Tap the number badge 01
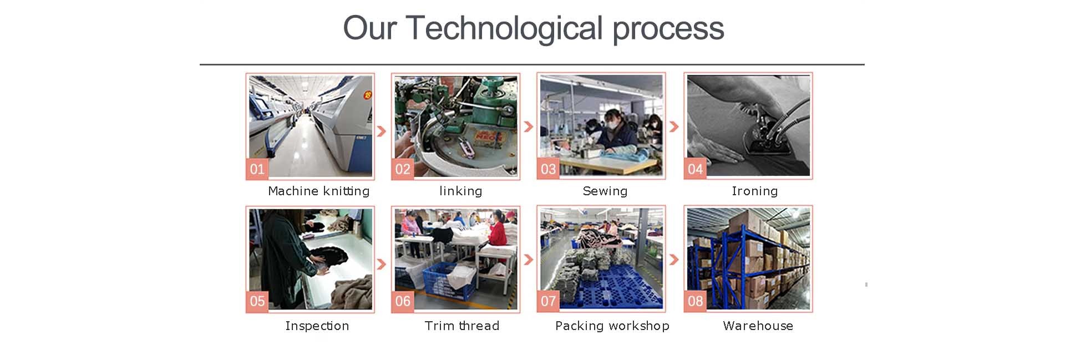click(x=257, y=169)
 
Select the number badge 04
click(x=695, y=169)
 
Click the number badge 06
click(x=403, y=301)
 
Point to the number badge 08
click(x=695, y=301)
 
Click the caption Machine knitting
click(x=318, y=191)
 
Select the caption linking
click(x=460, y=191)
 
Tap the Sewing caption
click(x=605, y=191)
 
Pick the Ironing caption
click(x=754, y=191)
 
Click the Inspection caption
click(x=317, y=326)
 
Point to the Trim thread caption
click(x=461, y=326)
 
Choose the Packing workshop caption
click(x=612, y=326)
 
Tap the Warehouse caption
click(x=758, y=326)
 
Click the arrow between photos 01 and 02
click(x=382, y=131)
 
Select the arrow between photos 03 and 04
click(x=674, y=127)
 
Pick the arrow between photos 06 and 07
click(x=529, y=259)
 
